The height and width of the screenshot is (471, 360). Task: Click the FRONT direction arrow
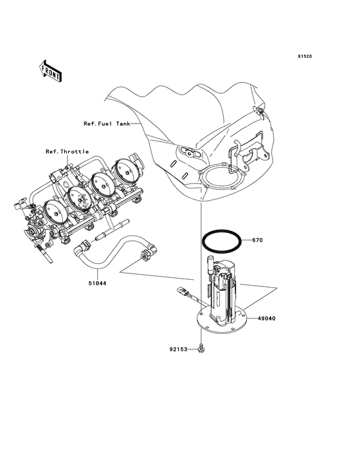point(51,70)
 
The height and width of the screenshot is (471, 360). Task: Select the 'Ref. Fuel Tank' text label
point(107,124)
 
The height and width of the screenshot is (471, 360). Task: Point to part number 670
point(257,240)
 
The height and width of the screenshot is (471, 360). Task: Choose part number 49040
point(267,318)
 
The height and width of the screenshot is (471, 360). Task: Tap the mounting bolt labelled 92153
point(202,348)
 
